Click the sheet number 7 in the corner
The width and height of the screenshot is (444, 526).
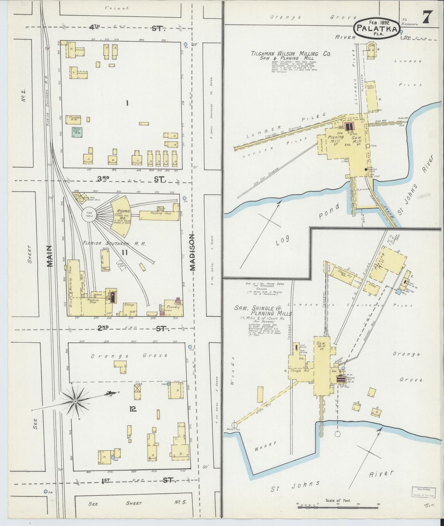coord(428,17)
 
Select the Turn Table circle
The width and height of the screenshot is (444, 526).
coord(89,214)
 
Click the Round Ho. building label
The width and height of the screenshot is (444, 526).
coord(123,214)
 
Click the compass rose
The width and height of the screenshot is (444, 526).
coord(75,401)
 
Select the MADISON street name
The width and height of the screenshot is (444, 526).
coord(192,252)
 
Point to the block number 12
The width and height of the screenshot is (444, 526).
coord(133,409)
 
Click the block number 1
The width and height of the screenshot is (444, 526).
coord(127,103)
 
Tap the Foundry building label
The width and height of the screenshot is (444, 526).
coord(173,307)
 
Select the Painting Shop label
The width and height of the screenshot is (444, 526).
coord(160,213)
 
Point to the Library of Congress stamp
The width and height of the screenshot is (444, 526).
coord(423,492)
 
